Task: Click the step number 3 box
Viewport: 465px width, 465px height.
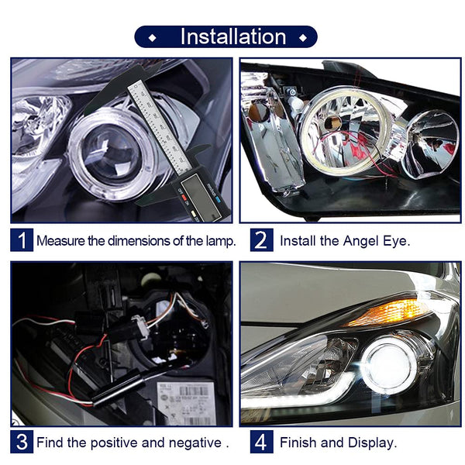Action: click(x=22, y=443)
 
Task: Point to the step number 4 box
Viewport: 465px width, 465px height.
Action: click(x=261, y=443)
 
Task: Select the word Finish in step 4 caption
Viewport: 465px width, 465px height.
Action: click(x=298, y=443)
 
